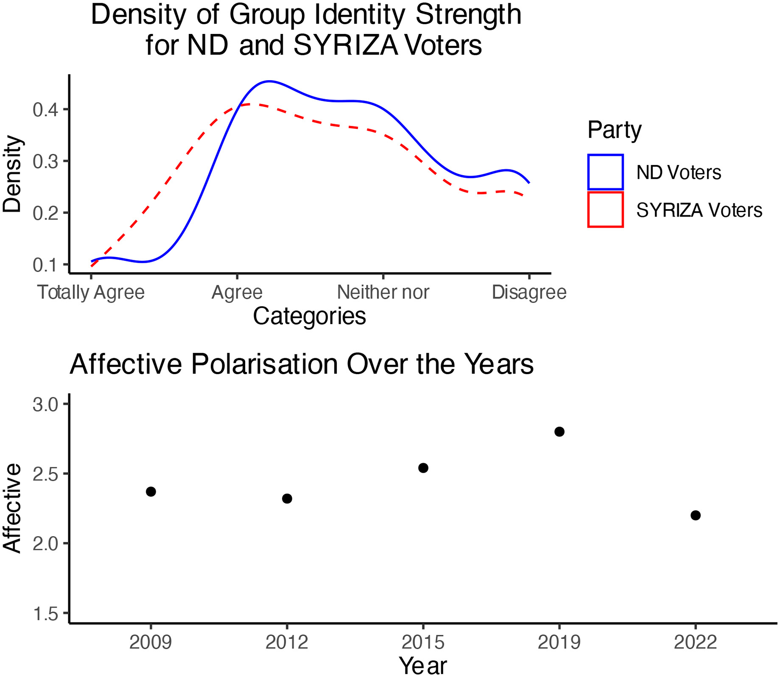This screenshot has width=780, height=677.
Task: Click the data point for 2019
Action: (x=559, y=432)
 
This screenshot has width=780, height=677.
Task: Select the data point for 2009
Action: (x=151, y=492)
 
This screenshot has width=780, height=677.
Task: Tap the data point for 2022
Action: (x=695, y=515)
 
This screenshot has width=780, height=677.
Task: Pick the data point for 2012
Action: (x=287, y=499)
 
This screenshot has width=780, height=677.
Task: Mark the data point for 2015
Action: (x=423, y=468)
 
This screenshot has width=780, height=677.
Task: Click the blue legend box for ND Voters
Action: (x=605, y=172)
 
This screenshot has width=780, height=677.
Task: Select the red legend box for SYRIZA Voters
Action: (x=605, y=210)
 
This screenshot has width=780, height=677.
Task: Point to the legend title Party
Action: (x=614, y=130)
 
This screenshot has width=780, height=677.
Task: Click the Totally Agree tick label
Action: (x=91, y=292)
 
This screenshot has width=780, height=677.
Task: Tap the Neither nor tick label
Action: (x=383, y=292)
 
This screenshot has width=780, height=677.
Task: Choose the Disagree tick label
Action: (x=529, y=292)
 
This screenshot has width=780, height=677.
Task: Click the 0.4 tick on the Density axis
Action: (x=45, y=110)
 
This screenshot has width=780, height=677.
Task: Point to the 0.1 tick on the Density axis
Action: (x=45, y=265)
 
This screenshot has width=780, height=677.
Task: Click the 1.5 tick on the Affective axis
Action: (x=45, y=614)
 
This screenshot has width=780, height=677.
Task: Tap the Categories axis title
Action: (x=309, y=316)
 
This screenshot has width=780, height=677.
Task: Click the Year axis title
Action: (x=423, y=665)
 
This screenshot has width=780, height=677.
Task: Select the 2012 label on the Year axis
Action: (x=287, y=643)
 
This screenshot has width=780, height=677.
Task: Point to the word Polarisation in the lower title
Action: (x=264, y=364)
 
